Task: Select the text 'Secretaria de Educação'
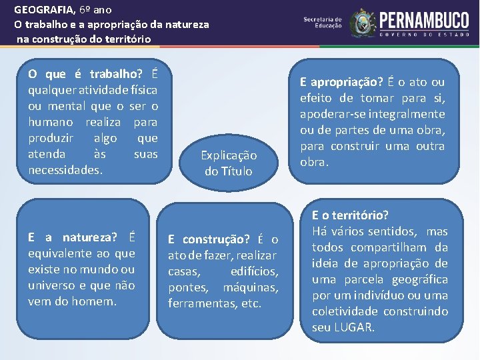coord(323,23)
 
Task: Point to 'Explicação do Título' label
coord(229,163)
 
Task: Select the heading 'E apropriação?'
coord(341,82)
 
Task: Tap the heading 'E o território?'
coord(350,215)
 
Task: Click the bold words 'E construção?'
coord(209,239)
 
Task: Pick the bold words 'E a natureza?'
coord(73,237)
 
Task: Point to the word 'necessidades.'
coord(65,170)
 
